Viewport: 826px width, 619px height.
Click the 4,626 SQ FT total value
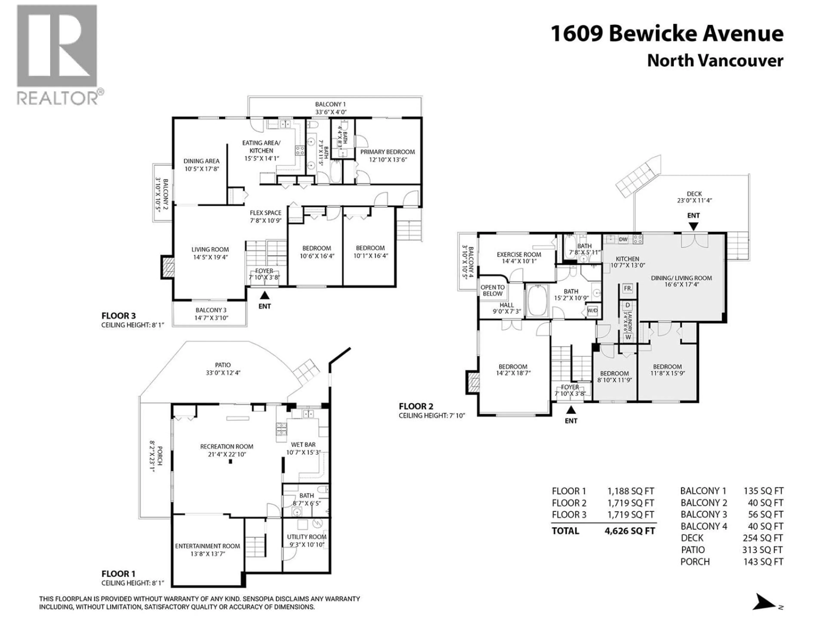(630, 531)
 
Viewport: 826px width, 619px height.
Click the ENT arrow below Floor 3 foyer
(264, 296)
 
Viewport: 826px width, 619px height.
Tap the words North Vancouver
(715, 61)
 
